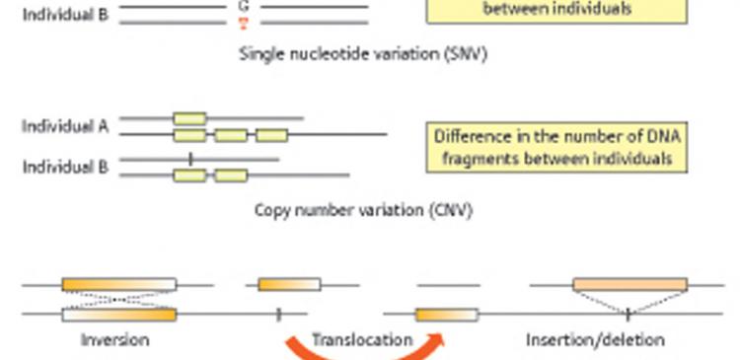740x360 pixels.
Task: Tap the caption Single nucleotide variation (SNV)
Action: point(363,54)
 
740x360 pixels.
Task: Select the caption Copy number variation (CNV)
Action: point(363,209)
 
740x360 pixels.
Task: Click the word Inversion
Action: point(115,339)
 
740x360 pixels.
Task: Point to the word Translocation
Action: point(362,339)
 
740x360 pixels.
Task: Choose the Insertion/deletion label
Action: point(596,339)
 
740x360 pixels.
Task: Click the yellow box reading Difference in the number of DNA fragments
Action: point(556,147)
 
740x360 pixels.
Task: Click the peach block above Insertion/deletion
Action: point(630,284)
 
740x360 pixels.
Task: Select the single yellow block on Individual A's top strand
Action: point(189,118)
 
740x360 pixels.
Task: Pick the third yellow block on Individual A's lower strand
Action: point(272,135)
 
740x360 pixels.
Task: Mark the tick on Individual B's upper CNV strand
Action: point(190,159)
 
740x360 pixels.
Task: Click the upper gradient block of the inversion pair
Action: point(119,284)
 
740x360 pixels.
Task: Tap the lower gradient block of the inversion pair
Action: point(119,315)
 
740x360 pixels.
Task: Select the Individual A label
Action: point(65,126)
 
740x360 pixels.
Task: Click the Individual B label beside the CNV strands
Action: point(65,167)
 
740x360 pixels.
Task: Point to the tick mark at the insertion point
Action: point(629,315)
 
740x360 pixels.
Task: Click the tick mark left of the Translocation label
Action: point(278,315)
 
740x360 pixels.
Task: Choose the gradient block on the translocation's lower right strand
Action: point(447,315)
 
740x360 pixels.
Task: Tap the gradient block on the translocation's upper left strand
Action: point(290,284)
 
